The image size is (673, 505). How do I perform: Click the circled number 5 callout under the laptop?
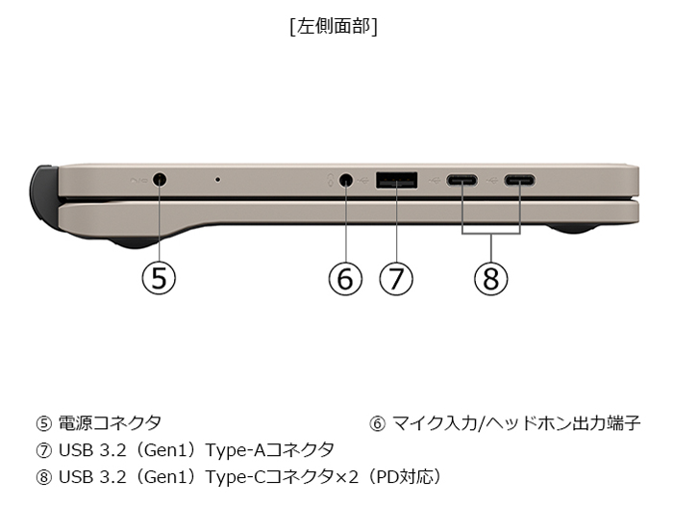(x=159, y=278)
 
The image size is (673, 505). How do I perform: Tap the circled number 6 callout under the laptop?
(x=345, y=278)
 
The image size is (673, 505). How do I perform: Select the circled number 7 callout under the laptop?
(x=396, y=278)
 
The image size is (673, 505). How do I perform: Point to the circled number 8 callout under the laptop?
(x=491, y=278)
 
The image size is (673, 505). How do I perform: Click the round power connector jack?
(x=160, y=180)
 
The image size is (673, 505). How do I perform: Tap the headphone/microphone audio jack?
(x=346, y=180)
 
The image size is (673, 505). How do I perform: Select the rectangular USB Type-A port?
(x=396, y=180)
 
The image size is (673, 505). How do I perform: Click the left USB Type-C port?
(x=461, y=180)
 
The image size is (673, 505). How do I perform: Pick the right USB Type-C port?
(x=520, y=180)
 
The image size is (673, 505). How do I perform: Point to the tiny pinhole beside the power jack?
(x=218, y=180)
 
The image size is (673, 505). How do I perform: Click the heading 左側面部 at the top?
(x=334, y=27)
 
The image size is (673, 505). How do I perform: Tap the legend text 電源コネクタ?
(x=110, y=423)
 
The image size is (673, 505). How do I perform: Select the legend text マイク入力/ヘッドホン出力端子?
(x=516, y=423)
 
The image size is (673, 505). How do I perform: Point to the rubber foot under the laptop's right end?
(x=572, y=229)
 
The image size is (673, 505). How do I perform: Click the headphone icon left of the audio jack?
(x=331, y=181)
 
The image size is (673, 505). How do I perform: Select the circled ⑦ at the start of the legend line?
(x=44, y=450)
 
